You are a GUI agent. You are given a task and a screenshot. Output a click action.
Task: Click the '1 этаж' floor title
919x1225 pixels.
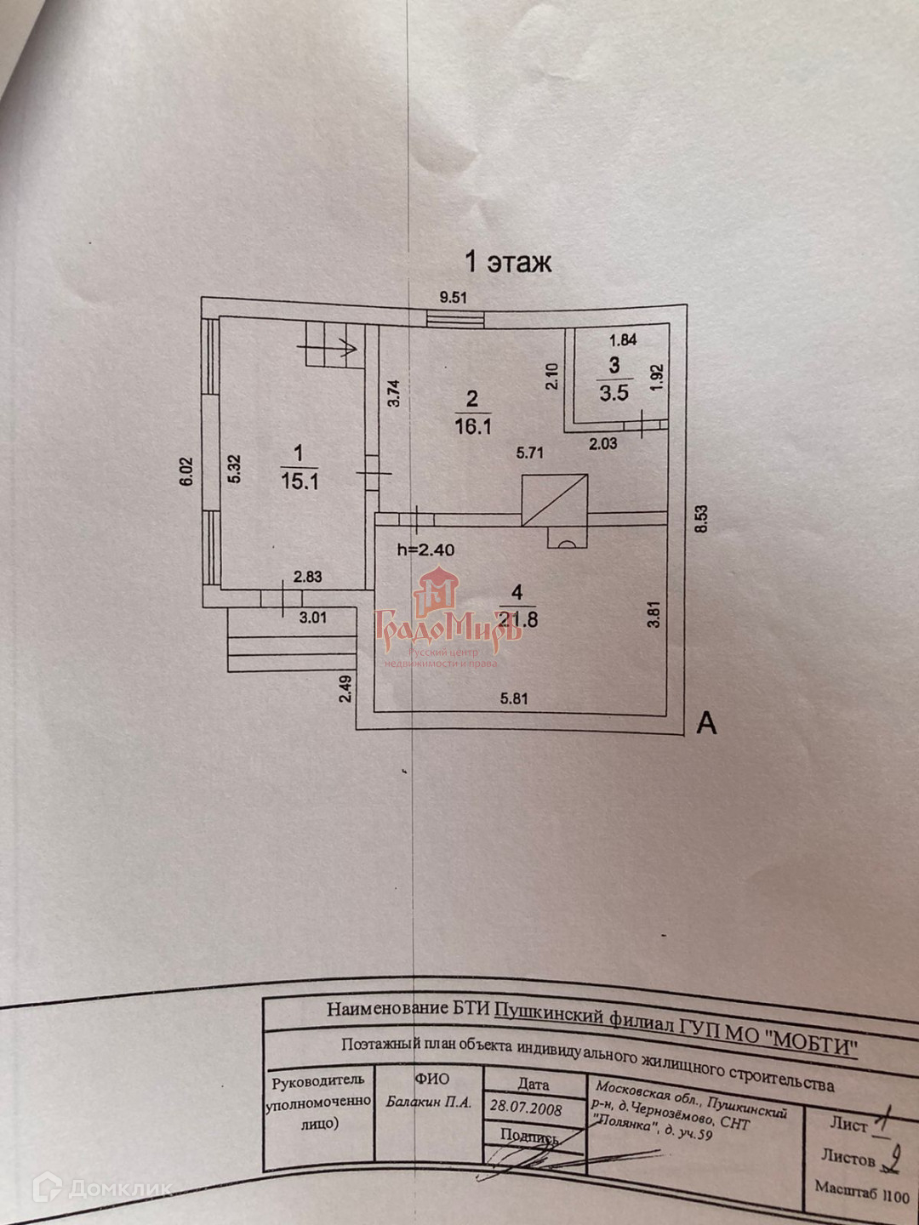(508, 261)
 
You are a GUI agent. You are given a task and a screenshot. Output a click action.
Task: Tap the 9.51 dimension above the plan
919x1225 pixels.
(453, 298)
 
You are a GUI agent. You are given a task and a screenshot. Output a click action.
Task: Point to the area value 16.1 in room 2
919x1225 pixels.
(473, 426)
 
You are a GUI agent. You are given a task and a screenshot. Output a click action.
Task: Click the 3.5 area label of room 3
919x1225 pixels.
(614, 392)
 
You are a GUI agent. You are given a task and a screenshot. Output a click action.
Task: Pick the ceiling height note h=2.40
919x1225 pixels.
(425, 550)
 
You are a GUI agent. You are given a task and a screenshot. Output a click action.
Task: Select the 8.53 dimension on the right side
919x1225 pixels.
(700, 520)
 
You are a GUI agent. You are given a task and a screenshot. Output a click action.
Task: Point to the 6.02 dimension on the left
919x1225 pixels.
(187, 472)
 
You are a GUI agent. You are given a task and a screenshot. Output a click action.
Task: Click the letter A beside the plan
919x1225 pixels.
(706, 723)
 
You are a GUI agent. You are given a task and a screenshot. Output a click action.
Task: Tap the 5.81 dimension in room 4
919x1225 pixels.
(514, 699)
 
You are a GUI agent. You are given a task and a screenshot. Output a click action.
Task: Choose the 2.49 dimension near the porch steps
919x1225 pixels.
(345, 687)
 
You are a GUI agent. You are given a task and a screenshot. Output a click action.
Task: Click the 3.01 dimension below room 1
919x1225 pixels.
(312, 618)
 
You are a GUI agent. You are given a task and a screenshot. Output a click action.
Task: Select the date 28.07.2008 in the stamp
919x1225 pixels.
(526, 1108)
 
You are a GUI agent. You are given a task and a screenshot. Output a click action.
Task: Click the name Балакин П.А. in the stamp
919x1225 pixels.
(428, 1102)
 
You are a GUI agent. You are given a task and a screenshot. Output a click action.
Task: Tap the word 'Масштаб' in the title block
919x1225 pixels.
(846, 1190)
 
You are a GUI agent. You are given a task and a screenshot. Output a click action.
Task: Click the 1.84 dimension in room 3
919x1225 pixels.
(623, 340)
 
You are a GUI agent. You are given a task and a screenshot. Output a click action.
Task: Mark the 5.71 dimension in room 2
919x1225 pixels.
(529, 453)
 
